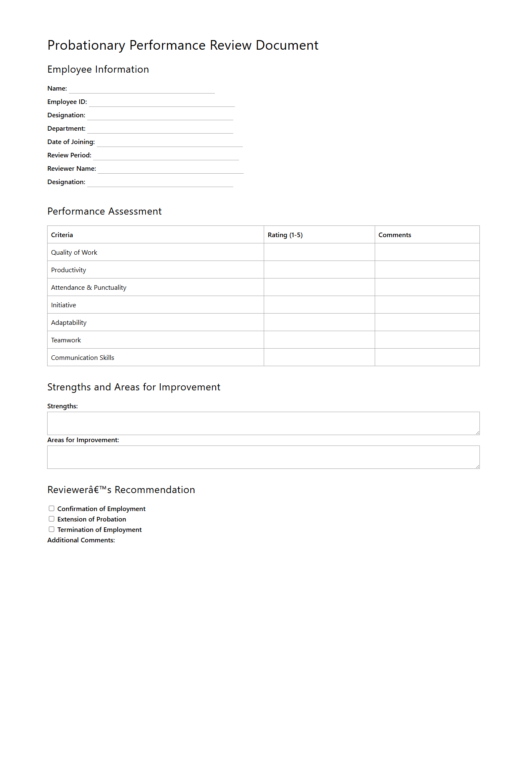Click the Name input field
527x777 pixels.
point(142,89)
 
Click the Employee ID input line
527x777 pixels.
point(162,102)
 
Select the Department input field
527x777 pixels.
point(160,129)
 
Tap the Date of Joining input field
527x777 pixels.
point(170,142)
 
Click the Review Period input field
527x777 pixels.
point(166,155)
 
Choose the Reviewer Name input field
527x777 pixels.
point(171,169)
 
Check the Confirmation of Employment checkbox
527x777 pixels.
point(52,509)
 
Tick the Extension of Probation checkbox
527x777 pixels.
point(52,519)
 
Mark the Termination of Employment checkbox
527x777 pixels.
point(52,529)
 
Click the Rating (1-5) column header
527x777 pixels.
point(285,235)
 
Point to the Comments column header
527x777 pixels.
point(395,235)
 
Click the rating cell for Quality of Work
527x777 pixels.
point(319,252)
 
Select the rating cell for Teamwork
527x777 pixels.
point(319,340)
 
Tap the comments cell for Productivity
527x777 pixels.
point(427,270)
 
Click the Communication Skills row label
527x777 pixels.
point(83,358)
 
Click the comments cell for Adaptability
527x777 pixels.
point(427,322)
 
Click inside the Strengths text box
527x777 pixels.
point(263,423)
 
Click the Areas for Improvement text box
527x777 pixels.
point(263,457)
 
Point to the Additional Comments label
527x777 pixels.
point(81,540)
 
